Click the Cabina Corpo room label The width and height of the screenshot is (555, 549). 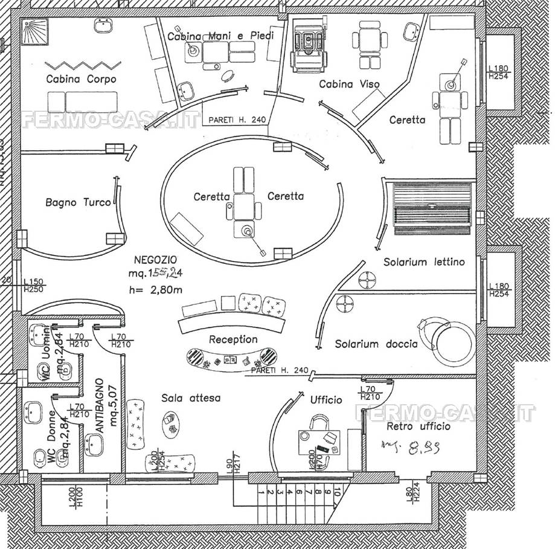[x=81, y=79]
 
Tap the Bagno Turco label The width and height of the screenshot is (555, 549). [x=78, y=202]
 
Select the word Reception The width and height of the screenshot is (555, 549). [x=233, y=339]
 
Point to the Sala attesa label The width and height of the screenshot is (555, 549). [x=191, y=398]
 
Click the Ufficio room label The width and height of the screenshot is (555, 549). [x=326, y=400]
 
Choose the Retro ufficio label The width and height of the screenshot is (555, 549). [x=418, y=426]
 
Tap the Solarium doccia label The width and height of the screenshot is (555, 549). [x=376, y=344]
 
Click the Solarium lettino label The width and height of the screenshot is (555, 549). [x=424, y=262]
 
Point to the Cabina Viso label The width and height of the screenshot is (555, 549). [x=350, y=84]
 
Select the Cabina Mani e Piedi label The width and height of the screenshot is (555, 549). [x=220, y=36]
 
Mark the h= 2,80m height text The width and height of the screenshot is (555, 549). [x=156, y=289]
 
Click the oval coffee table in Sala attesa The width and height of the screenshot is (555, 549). [x=170, y=422]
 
